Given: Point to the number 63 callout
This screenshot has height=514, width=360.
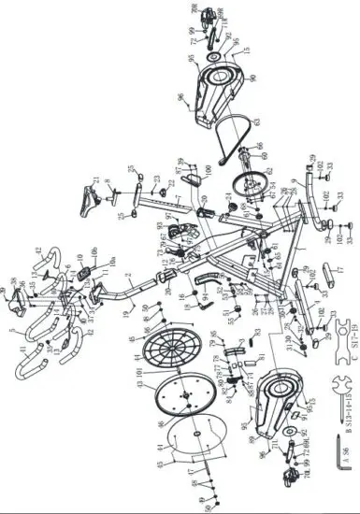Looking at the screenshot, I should [255, 122].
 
